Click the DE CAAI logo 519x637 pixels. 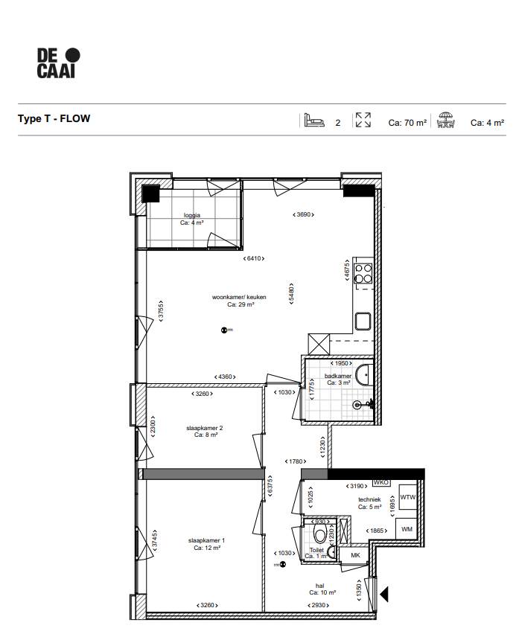point(57,63)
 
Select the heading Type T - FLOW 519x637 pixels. point(54,119)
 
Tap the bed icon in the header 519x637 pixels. point(313,121)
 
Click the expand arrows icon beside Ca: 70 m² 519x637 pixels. point(363,121)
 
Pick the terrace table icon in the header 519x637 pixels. point(446,121)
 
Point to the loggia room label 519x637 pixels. point(192,219)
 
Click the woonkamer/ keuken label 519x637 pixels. point(238,301)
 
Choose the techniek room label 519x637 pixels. point(369,503)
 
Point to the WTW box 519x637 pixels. point(407,497)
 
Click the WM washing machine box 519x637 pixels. point(407,528)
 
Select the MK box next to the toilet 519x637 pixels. point(355,554)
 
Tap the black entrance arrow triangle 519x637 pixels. point(384,595)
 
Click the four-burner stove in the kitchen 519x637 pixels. point(363,273)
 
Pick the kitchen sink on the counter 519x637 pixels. point(363,321)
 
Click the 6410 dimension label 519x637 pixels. point(253,258)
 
